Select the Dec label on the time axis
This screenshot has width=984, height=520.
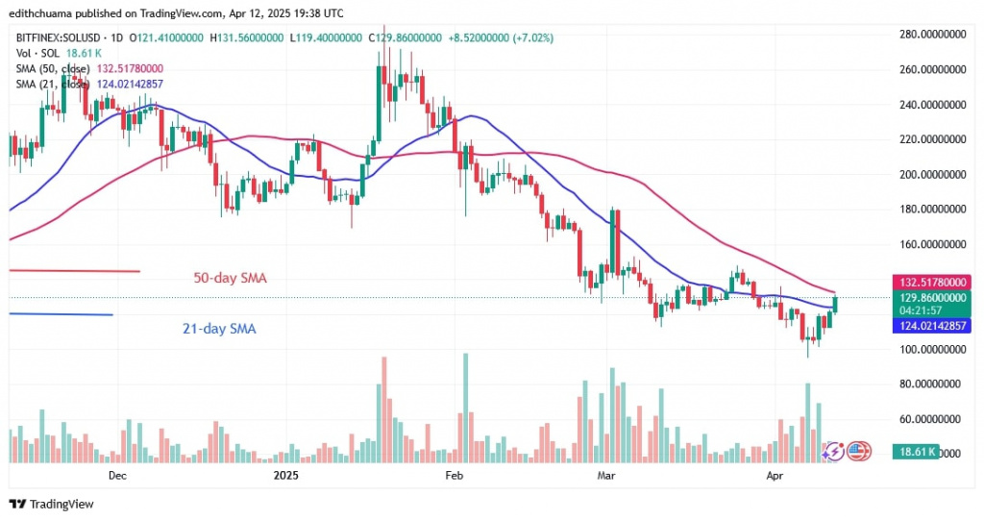[118, 475]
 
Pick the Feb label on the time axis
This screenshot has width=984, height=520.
[454, 475]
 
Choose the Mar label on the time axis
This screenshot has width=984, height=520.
[605, 475]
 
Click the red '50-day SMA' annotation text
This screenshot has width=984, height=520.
[229, 279]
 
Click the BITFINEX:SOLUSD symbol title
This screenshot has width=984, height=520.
[61, 38]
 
